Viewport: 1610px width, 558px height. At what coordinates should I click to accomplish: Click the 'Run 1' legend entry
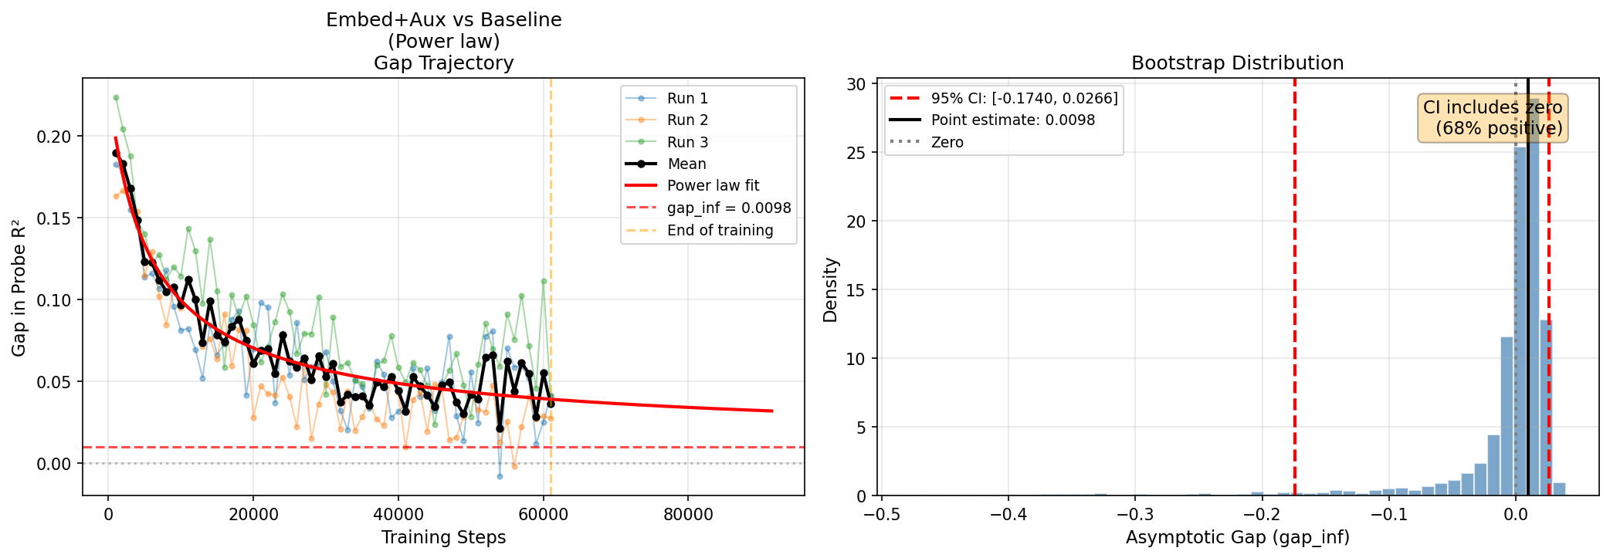tap(686, 98)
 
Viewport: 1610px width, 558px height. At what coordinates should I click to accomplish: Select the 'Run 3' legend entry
tap(686, 142)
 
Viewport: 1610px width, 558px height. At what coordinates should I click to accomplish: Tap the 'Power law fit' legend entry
tap(712, 185)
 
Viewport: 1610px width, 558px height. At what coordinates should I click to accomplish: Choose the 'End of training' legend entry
tap(719, 230)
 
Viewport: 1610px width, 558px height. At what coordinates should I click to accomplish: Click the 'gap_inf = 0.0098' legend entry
tap(728, 208)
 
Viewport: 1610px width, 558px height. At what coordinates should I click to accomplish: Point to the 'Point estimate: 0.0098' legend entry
tap(1012, 120)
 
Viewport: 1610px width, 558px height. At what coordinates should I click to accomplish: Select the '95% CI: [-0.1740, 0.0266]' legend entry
tap(1023, 98)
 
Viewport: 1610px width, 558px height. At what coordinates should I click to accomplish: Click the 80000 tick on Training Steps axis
tap(688, 515)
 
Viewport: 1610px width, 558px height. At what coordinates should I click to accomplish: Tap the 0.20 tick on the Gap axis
tap(53, 137)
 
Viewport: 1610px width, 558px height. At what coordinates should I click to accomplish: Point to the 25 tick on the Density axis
tap(857, 153)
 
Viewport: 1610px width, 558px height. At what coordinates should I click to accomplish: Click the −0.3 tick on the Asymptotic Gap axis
tap(1134, 515)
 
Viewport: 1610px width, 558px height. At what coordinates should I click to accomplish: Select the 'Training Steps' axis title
tap(443, 537)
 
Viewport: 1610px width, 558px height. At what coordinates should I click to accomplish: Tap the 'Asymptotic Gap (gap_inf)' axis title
tap(1237, 537)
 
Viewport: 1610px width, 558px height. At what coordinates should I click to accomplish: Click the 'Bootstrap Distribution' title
tap(1237, 63)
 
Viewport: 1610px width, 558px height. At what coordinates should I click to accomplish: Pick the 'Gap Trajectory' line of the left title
tap(443, 63)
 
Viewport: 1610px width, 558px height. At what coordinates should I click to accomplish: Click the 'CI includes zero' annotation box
tap(1492, 118)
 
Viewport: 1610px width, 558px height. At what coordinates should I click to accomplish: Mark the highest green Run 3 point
tap(116, 98)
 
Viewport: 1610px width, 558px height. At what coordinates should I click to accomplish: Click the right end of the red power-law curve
tap(772, 411)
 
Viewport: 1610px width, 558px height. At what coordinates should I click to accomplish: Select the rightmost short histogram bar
tap(1559, 489)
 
